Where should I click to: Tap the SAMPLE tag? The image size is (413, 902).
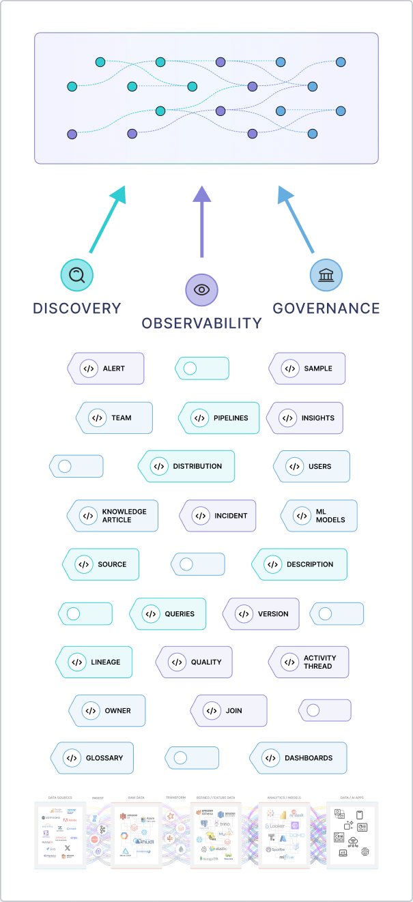308,368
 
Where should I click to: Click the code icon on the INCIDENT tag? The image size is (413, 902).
201,516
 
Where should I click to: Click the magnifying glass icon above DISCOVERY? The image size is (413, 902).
77,275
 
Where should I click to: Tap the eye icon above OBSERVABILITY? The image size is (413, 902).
201,290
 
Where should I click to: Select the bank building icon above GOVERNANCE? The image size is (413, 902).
326,275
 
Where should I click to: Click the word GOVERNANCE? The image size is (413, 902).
326,308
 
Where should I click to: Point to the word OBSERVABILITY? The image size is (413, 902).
201,323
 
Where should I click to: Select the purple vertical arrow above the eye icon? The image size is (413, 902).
201,222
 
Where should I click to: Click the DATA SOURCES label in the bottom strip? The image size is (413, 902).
60,797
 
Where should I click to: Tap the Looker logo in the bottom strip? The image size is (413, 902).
276,826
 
